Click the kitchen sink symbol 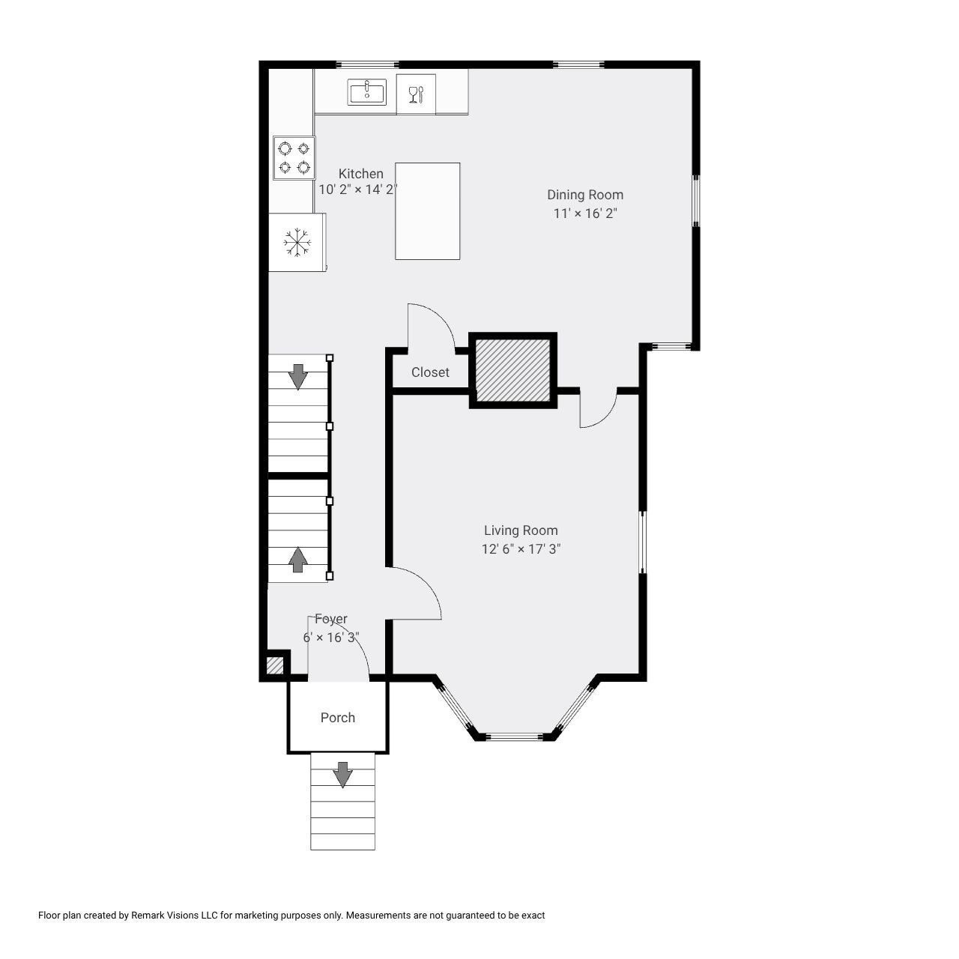pyautogui.click(x=366, y=92)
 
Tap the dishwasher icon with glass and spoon pyautogui.click(x=416, y=94)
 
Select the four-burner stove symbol pyautogui.click(x=294, y=158)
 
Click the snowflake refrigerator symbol pyautogui.click(x=297, y=242)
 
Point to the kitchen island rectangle pyautogui.click(x=428, y=211)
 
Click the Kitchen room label pyautogui.click(x=361, y=174)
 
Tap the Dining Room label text pyautogui.click(x=585, y=195)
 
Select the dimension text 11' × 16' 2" pyautogui.click(x=585, y=214)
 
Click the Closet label pyautogui.click(x=430, y=372)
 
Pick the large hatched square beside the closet pyautogui.click(x=512, y=370)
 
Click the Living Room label pyautogui.click(x=521, y=530)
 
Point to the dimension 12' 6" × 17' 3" pyautogui.click(x=521, y=549)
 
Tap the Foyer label pyautogui.click(x=331, y=619)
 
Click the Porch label pyautogui.click(x=338, y=718)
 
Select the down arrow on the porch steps pyautogui.click(x=342, y=775)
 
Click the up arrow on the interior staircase pyautogui.click(x=297, y=560)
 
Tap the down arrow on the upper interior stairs pyautogui.click(x=298, y=377)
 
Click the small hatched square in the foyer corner pyautogui.click(x=275, y=666)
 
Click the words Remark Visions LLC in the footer pyautogui.click(x=174, y=916)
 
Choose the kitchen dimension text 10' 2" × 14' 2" pyautogui.click(x=358, y=190)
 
